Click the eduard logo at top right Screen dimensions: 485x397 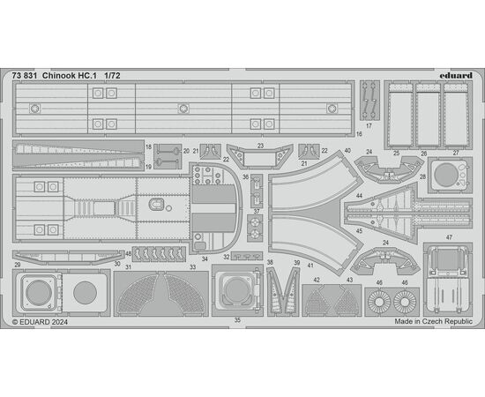[456, 76]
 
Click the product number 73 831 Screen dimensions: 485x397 [25, 76]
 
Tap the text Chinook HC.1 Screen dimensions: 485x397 [70, 76]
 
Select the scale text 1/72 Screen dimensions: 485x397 [112, 76]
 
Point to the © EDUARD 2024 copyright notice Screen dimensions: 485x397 [40, 322]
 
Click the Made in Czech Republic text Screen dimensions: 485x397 [433, 321]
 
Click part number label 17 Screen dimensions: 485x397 [369, 126]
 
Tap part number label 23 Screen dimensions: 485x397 [260, 146]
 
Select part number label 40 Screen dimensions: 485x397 [347, 150]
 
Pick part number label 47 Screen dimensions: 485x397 [449, 237]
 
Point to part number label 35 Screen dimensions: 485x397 [237, 320]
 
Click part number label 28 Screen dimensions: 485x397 [422, 176]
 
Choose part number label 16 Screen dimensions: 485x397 [359, 134]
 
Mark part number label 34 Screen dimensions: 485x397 [205, 259]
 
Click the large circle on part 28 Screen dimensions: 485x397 [445, 175]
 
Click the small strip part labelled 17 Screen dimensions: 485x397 [369, 101]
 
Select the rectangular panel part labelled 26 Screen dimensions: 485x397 [428, 115]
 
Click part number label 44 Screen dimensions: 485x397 [359, 196]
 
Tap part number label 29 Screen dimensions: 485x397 [18, 265]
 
